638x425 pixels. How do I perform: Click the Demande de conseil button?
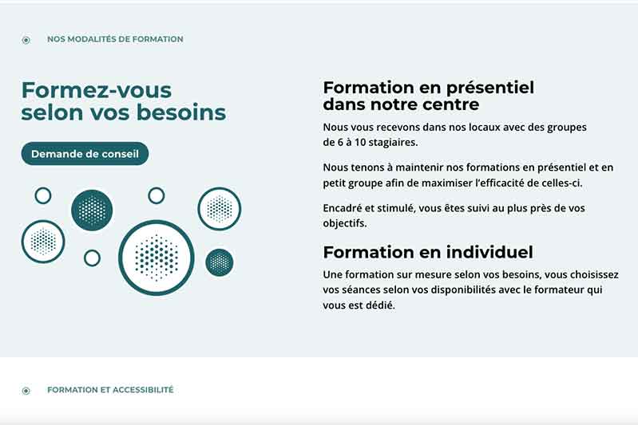[85, 154]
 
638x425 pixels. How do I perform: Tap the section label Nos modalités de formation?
[115, 39]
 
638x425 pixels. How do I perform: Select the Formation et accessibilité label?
[110, 390]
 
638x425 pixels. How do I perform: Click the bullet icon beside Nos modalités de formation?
[26, 40]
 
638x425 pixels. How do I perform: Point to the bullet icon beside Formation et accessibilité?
[26, 391]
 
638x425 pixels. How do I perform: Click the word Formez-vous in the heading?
[97, 90]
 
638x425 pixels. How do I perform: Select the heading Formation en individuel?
[428, 252]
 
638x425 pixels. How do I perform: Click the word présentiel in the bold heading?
[490, 88]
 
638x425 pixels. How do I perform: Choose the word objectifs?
[345, 223]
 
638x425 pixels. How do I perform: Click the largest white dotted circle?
[157, 258]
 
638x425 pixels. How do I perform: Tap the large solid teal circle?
[92, 210]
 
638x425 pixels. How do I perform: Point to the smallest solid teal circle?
[220, 262]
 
